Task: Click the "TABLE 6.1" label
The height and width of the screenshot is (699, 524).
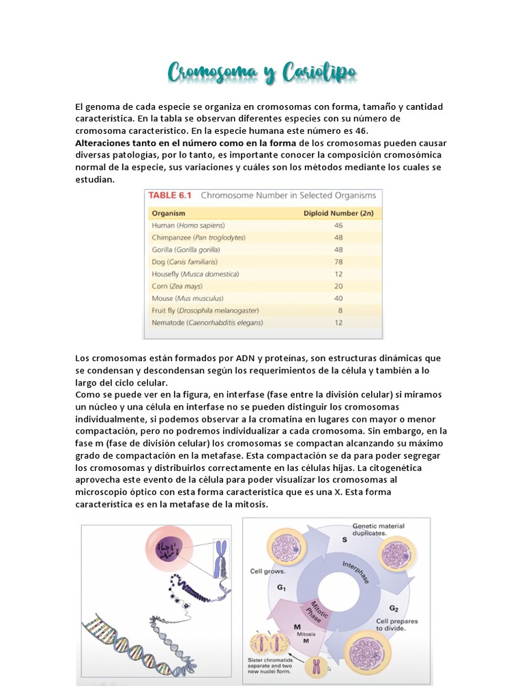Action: pos(170,195)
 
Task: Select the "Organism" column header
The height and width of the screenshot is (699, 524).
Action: pos(168,213)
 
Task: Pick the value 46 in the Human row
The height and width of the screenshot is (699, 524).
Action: pos(338,225)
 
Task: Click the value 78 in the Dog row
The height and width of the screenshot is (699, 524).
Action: pos(338,261)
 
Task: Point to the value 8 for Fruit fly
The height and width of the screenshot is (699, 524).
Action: pos(339,310)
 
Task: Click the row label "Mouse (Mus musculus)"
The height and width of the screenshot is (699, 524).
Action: pos(184,298)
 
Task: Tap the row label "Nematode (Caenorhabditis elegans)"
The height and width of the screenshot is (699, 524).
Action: pos(207,322)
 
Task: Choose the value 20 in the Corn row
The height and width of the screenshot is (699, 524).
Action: pos(338,286)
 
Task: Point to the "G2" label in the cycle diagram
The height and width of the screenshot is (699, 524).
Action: pos(394,607)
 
